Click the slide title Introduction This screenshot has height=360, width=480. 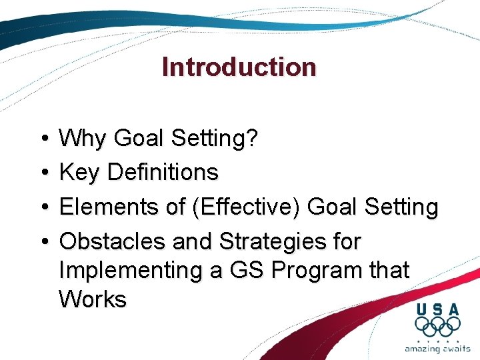pyautogui.click(x=239, y=67)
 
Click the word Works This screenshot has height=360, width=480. pyautogui.click(x=92, y=299)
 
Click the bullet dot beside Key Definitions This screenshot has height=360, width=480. pyautogui.click(x=41, y=173)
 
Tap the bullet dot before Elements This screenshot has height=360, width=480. pyautogui.click(x=41, y=207)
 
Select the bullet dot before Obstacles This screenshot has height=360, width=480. pyautogui.click(x=41, y=241)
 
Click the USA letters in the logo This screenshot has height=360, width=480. pyautogui.click(x=437, y=309)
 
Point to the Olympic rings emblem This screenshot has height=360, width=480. pyautogui.click(x=437, y=326)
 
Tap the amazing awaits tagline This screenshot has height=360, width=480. pyautogui.click(x=437, y=348)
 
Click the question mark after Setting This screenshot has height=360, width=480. pyautogui.click(x=251, y=139)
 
